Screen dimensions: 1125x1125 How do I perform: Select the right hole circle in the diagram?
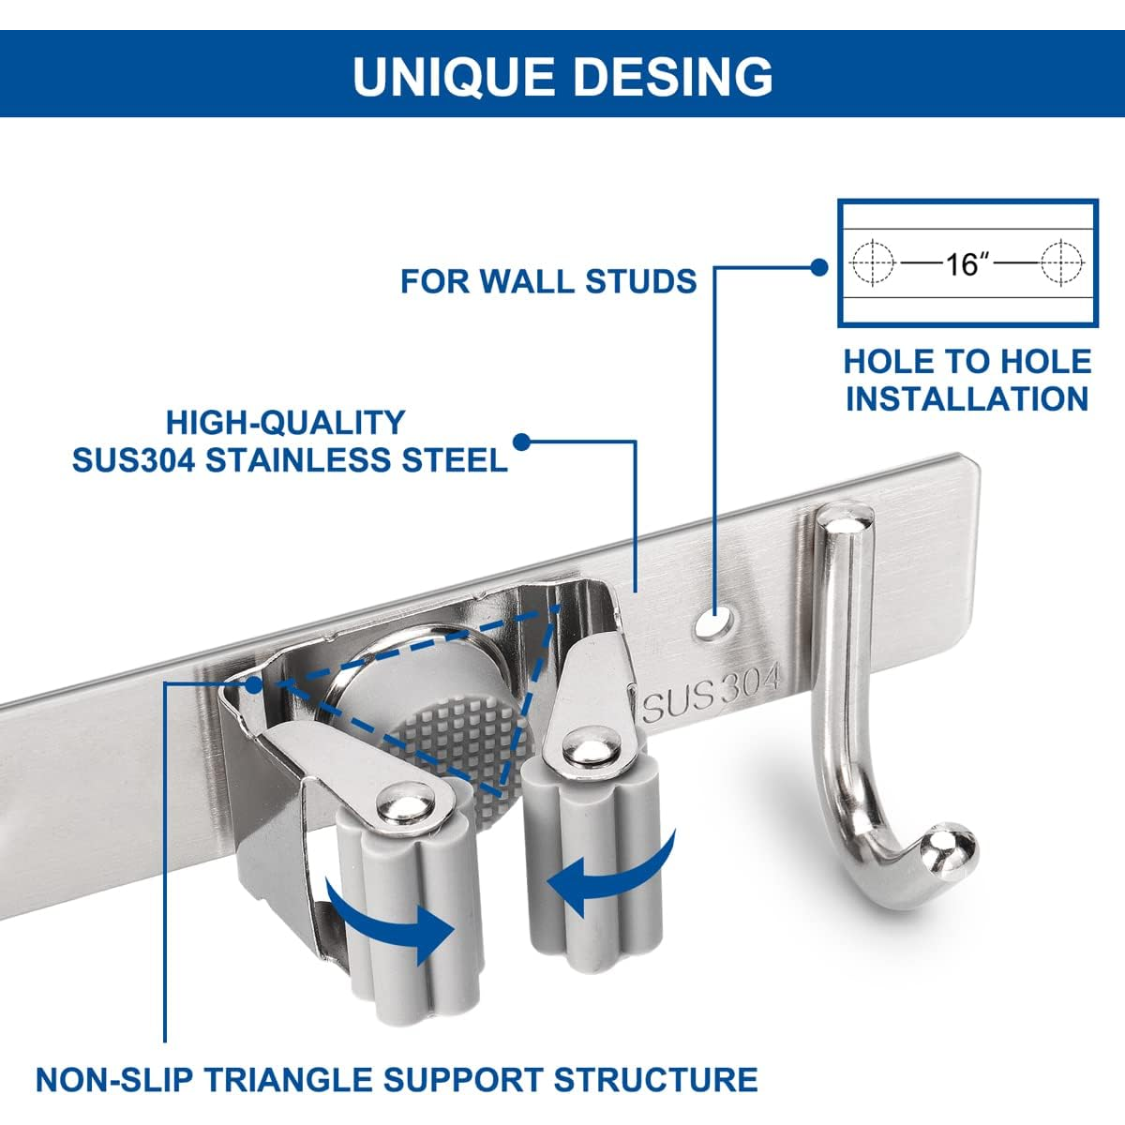click(1061, 262)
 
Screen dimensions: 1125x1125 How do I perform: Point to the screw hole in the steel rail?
click(718, 621)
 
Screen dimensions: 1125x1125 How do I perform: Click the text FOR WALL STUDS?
click(548, 280)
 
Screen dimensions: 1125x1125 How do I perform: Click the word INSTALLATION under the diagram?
click(967, 398)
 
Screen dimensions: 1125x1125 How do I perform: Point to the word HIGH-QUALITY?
click(286, 423)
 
